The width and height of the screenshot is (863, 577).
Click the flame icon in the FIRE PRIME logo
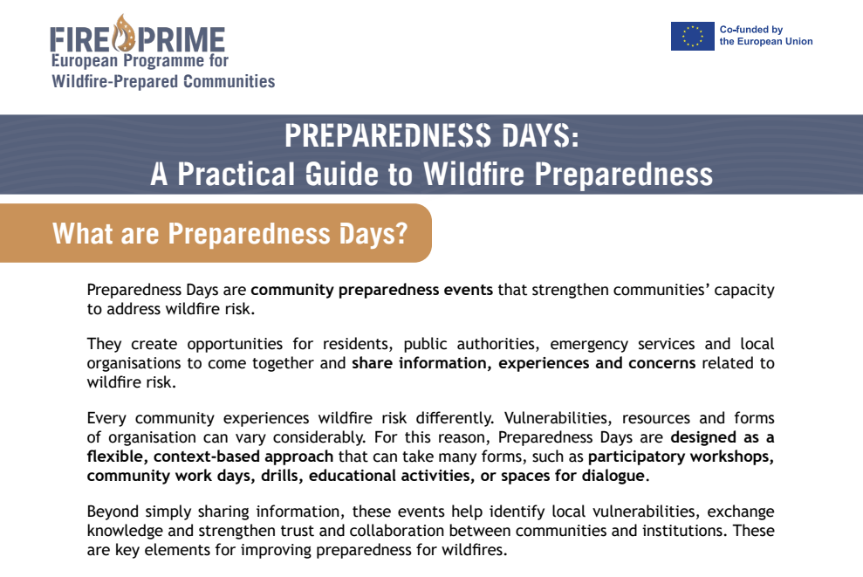[x=128, y=34]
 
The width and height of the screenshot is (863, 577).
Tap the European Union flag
[x=692, y=36]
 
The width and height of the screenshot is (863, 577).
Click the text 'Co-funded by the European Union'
[x=765, y=36]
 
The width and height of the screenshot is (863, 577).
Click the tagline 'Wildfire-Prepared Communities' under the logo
[x=163, y=82]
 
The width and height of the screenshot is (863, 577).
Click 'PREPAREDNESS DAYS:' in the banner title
[x=431, y=136]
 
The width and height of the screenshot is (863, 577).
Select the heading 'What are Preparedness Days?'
[x=230, y=234]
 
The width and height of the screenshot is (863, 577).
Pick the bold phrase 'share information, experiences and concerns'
[x=524, y=363]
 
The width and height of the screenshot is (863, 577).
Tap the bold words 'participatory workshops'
[x=681, y=457]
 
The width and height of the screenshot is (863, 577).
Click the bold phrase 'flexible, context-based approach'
[x=209, y=457]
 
